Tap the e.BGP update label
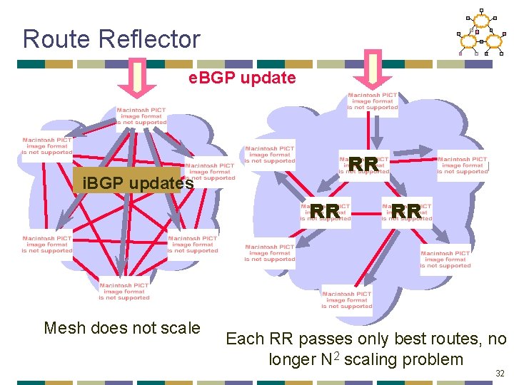pyautogui.click(x=242, y=78)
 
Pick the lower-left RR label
pyautogui.click(x=325, y=211)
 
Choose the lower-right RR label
pyautogui.click(x=406, y=211)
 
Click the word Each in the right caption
pyautogui.click(x=245, y=339)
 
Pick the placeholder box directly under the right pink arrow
pyautogui.click(x=373, y=104)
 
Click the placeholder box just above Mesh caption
pyautogui.click(x=124, y=291)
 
